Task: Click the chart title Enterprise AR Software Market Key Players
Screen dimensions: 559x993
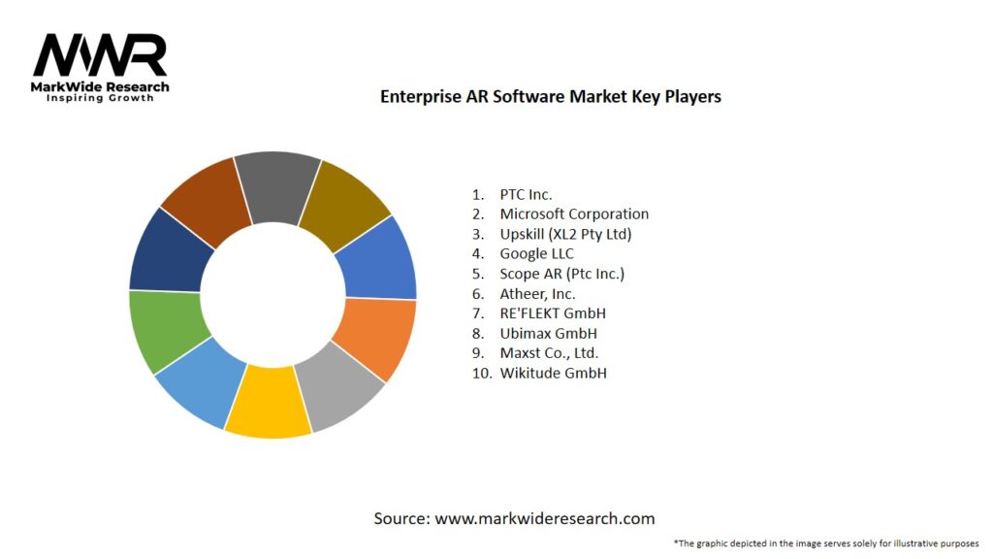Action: click(x=550, y=97)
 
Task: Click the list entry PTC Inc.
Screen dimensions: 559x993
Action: click(x=526, y=194)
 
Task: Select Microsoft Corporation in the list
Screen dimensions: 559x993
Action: click(x=574, y=214)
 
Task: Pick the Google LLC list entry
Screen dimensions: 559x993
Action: click(x=536, y=253)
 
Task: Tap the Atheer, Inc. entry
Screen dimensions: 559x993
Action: click(x=537, y=293)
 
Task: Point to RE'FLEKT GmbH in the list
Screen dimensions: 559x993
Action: click(x=553, y=313)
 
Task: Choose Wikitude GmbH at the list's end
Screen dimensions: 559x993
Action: click(x=553, y=373)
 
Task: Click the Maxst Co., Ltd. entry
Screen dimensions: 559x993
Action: click(x=549, y=353)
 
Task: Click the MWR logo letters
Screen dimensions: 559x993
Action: click(x=100, y=56)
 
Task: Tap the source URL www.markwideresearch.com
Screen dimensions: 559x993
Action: click(x=544, y=519)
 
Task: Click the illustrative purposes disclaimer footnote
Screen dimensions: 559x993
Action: click(x=826, y=543)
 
